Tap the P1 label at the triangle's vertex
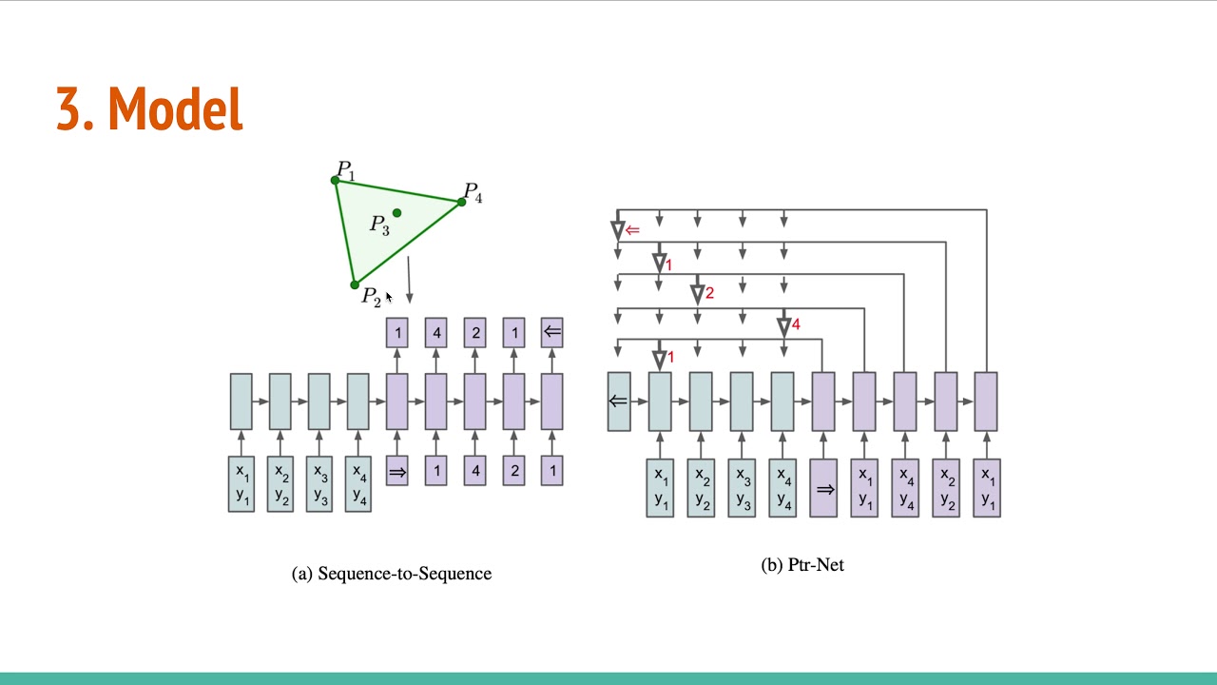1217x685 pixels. [346, 171]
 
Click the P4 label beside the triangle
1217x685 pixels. [473, 193]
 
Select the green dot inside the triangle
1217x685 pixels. [396, 213]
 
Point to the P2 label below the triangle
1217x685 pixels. [371, 297]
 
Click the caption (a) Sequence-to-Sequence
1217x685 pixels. [391, 574]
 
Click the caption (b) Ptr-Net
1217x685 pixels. [802, 565]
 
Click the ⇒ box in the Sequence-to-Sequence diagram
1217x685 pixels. [397, 471]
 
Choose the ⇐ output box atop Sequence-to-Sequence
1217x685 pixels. [551, 332]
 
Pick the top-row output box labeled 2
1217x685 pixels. [475, 332]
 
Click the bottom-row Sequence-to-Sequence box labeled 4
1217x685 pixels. [475, 471]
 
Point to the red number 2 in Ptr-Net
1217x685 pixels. [709, 293]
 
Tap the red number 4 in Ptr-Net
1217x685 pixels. [796, 325]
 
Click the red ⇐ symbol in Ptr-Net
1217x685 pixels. [632, 230]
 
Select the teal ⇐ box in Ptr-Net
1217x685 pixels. [619, 401]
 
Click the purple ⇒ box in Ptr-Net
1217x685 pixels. [824, 489]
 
